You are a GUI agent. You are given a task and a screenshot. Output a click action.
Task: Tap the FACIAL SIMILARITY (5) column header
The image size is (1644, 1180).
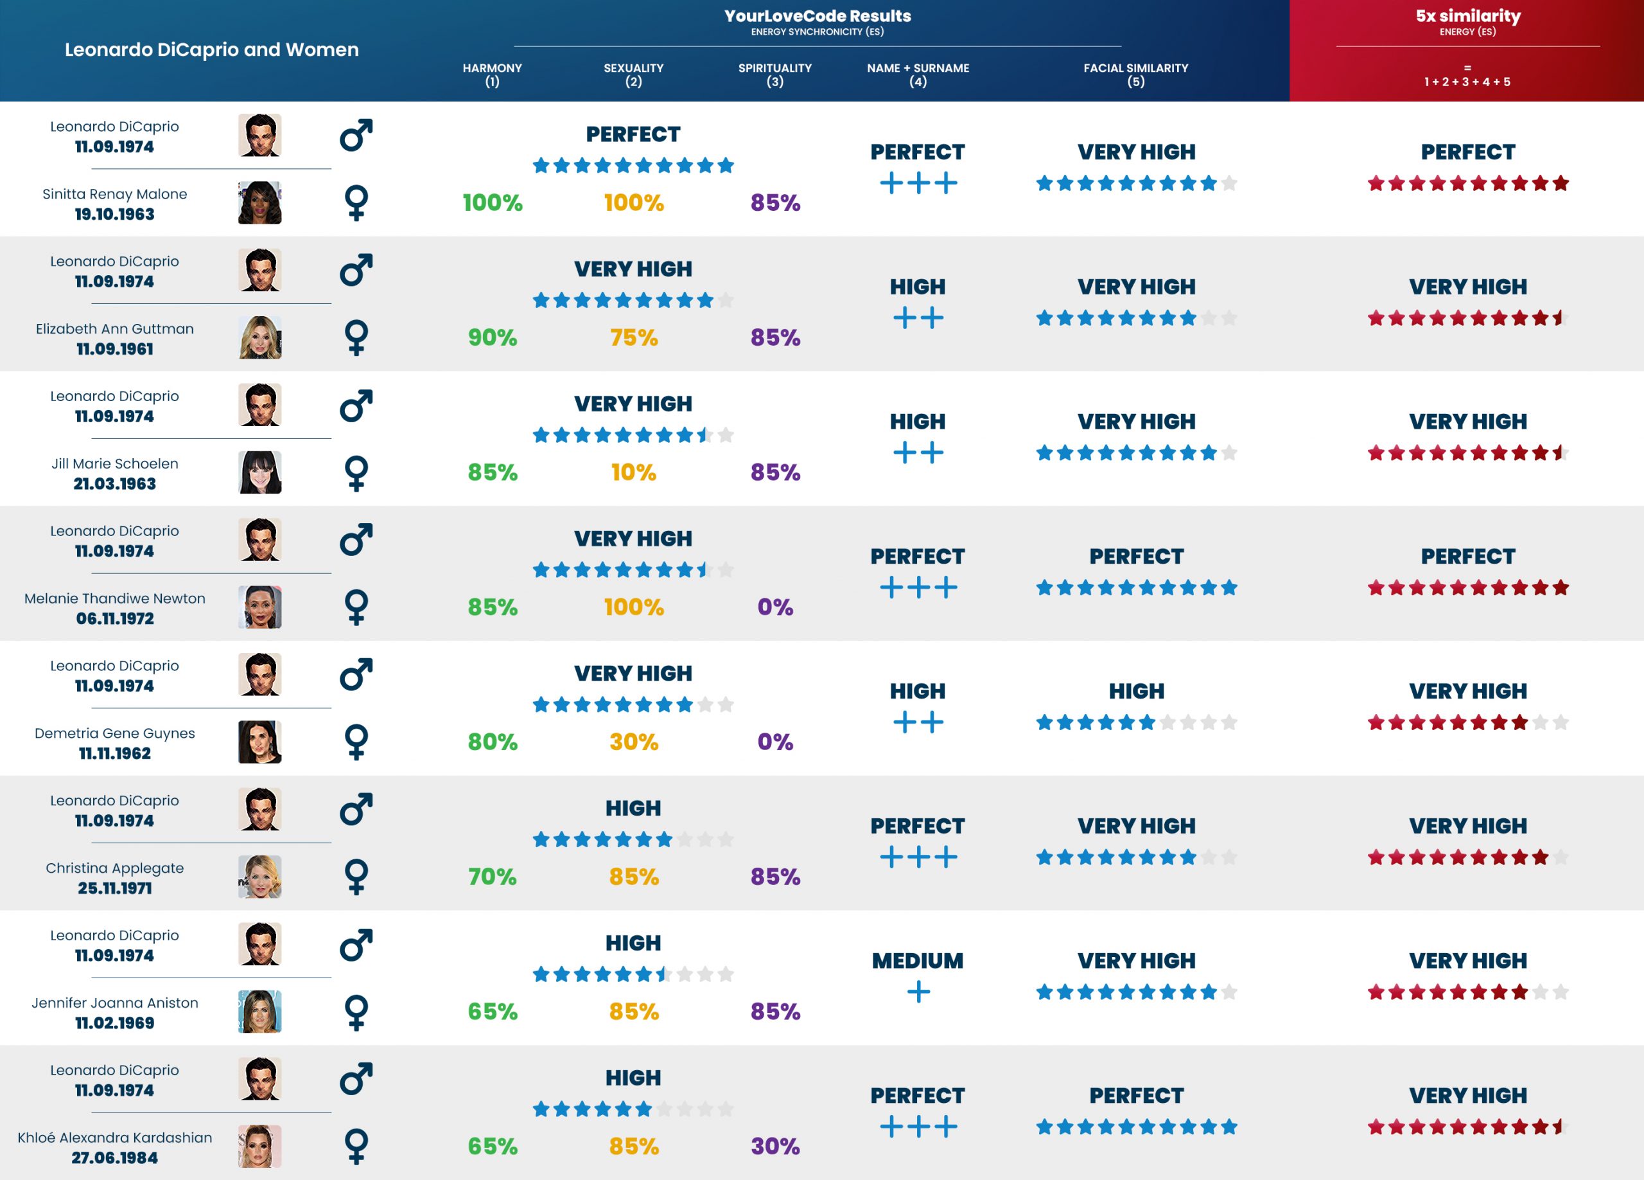tap(1135, 74)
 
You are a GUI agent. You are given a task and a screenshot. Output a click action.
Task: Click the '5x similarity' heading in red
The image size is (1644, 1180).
tap(1468, 16)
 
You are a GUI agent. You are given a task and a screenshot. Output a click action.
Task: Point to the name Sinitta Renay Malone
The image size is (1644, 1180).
tap(114, 193)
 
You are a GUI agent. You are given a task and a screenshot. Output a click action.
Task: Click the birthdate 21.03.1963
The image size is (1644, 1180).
tap(114, 484)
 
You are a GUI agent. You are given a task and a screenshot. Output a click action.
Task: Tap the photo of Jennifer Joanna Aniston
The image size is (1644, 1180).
tap(259, 1011)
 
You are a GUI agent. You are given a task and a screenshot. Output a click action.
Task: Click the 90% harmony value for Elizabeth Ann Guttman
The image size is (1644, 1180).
tap(492, 337)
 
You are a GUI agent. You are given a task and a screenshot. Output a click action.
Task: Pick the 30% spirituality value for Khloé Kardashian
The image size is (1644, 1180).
tap(775, 1146)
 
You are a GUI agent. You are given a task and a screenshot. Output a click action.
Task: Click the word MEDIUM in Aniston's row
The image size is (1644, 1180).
tap(918, 960)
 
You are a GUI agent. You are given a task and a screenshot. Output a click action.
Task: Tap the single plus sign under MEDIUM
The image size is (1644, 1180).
tap(918, 992)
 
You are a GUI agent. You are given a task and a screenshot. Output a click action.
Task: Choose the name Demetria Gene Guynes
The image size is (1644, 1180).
tap(114, 733)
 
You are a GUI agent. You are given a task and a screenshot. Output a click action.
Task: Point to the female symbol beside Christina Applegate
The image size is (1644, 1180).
tap(356, 876)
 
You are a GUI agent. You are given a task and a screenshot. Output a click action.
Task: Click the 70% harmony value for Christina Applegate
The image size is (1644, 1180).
tap(492, 876)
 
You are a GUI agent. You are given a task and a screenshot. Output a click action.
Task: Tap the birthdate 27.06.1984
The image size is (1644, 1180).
tap(114, 1158)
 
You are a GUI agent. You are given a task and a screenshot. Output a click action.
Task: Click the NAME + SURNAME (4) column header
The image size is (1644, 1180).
tap(918, 74)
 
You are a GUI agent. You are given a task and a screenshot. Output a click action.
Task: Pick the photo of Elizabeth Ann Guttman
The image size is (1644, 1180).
tap(259, 337)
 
